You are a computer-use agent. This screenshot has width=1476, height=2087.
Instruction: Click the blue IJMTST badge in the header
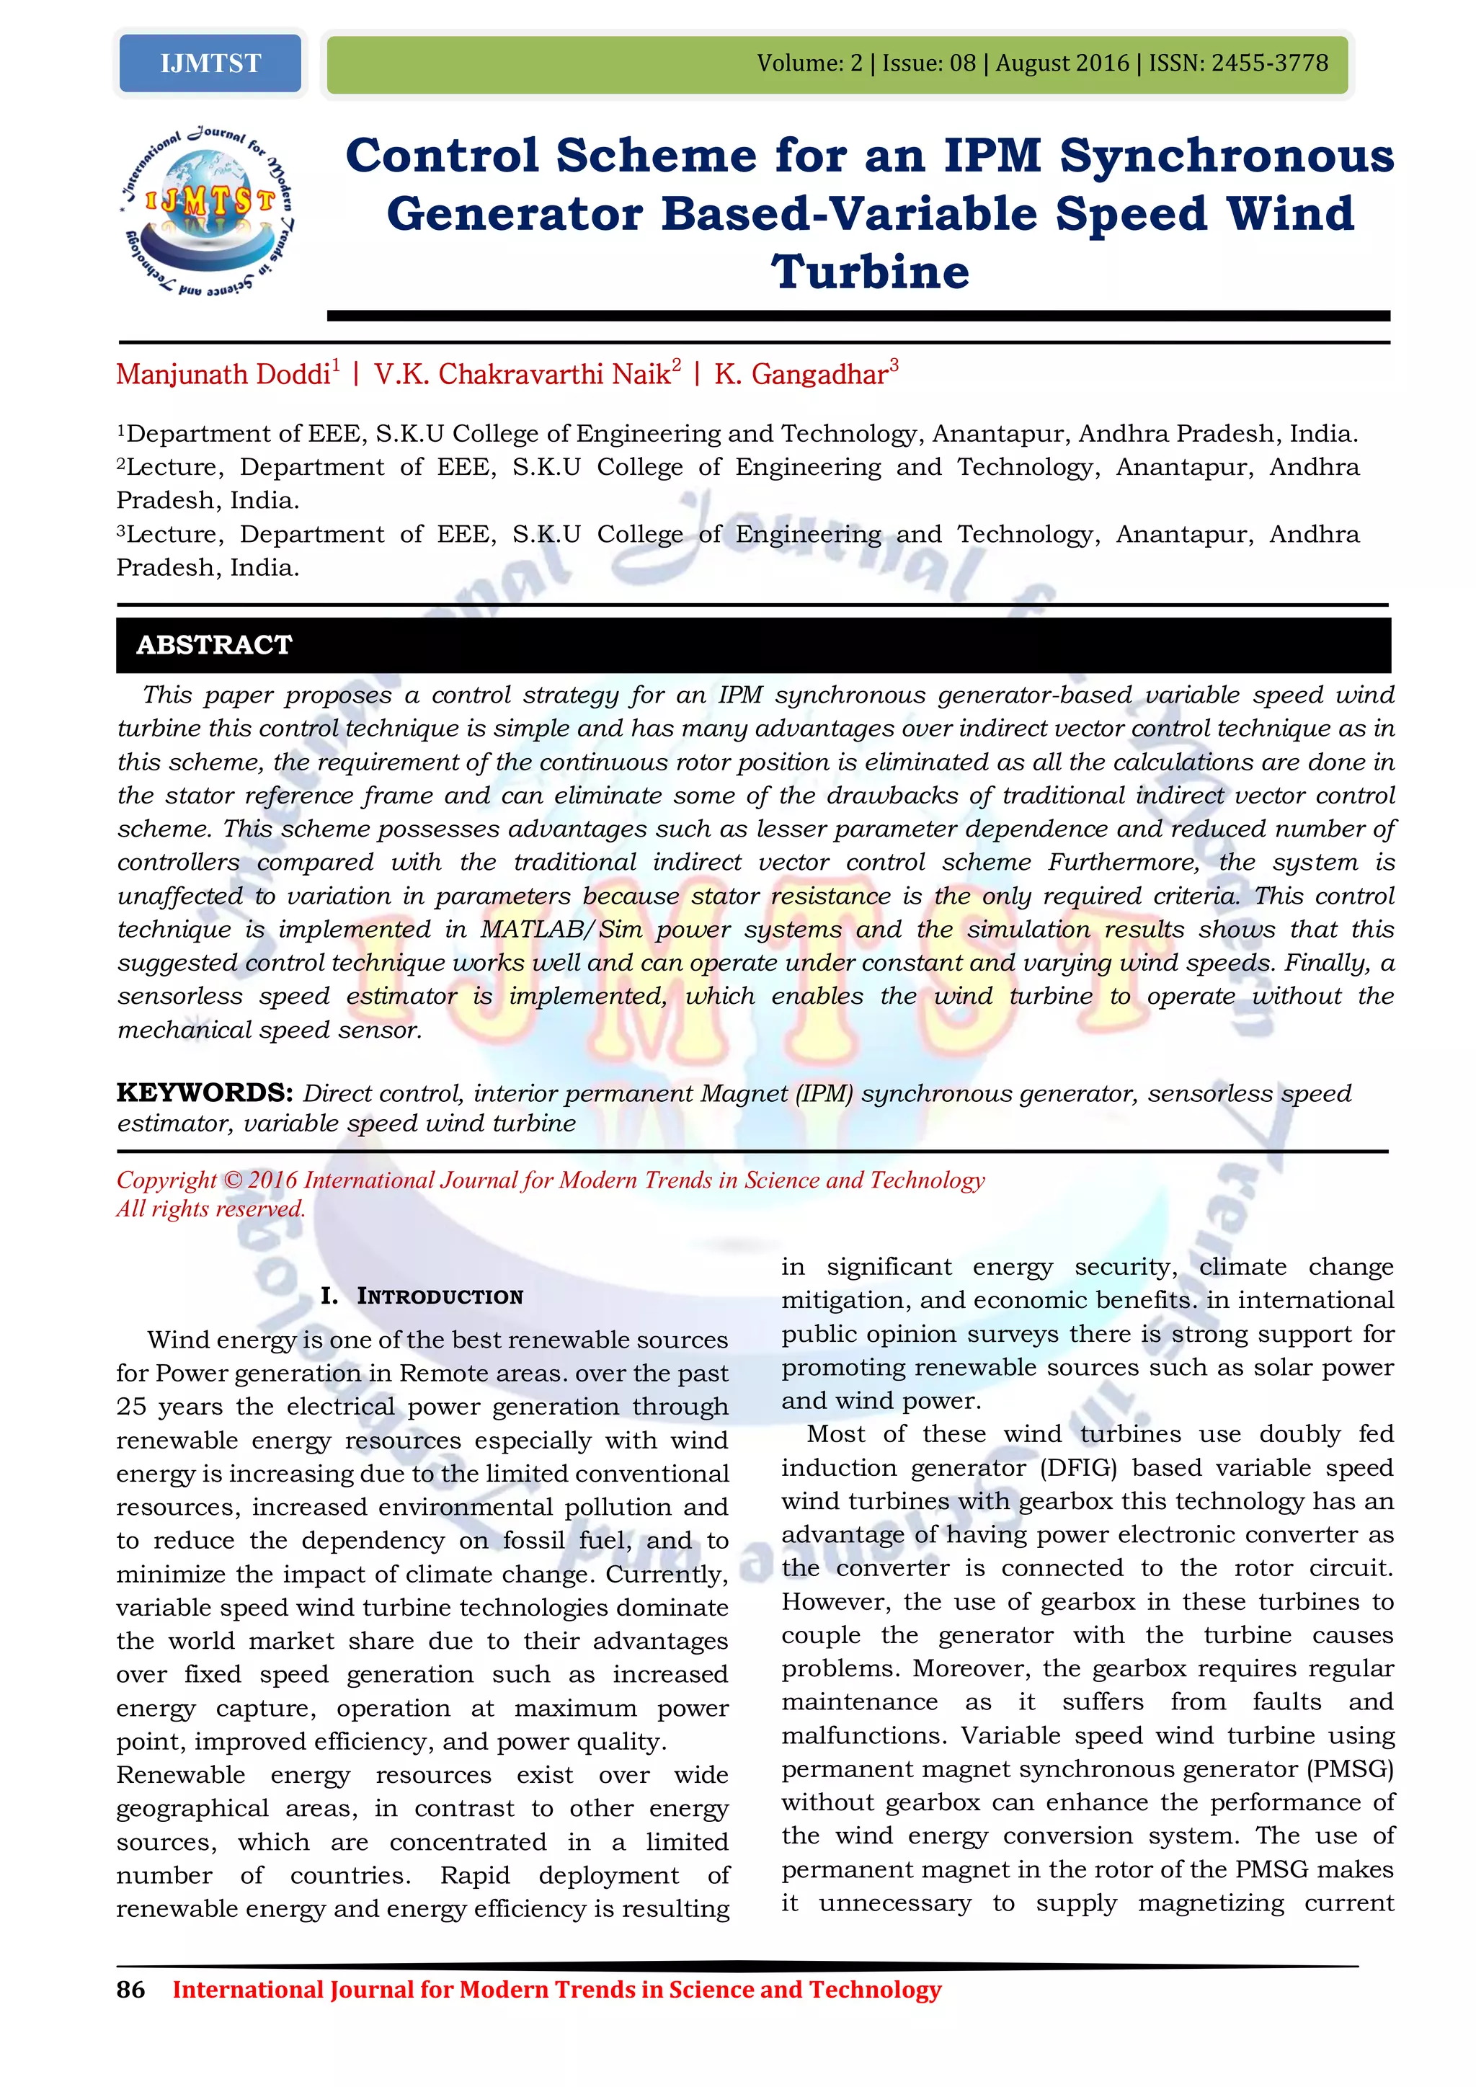coord(210,63)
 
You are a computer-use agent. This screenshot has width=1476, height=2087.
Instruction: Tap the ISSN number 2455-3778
coord(1270,63)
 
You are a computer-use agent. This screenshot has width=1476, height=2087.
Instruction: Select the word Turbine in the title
coord(871,272)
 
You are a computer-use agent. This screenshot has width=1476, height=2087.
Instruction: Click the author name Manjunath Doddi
coord(223,375)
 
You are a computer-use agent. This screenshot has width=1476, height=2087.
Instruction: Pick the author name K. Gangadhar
coord(801,375)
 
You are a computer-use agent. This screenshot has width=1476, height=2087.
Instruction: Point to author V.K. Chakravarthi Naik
coord(523,375)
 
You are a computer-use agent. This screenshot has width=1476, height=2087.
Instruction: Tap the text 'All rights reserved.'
coord(211,1209)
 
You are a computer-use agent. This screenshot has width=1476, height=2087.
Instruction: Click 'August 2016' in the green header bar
coord(1062,63)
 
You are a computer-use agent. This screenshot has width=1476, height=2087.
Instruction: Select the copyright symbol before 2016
coord(233,1180)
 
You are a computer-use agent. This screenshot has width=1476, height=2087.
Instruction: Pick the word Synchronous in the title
coord(1227,156)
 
